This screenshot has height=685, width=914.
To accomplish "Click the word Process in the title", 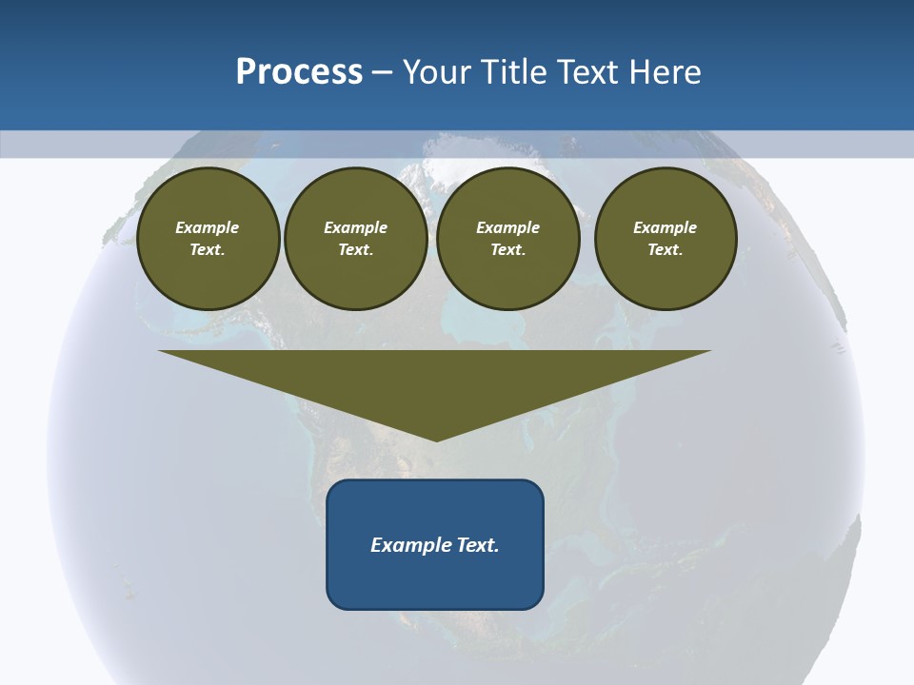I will click(x=299, y=72).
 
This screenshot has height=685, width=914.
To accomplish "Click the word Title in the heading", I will click(x=512, y=72).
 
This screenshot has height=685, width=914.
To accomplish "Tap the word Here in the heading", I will click(x=665, y=72).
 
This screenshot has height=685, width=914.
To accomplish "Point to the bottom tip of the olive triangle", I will click(x=436, y=440).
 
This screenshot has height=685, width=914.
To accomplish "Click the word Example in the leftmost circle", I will click(x=208, y=227).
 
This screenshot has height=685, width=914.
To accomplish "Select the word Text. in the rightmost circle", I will click(x=666, y=250).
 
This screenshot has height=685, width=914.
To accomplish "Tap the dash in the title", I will click(x=382, y=72).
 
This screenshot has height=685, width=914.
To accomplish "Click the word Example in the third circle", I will click(x=508, y=227).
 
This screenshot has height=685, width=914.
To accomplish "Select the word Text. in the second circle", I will click(x=355, y=250).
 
